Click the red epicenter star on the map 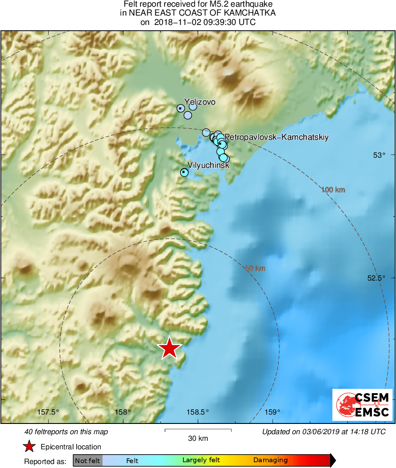point(169,348)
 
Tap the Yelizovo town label point(200,102)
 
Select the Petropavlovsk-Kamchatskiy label point(276,137)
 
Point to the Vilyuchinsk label point(209,165)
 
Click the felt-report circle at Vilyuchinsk point(184,172)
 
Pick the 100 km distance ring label point(333,190)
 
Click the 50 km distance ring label point(255,268)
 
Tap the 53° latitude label point(379,155)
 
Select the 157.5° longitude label point(48,412)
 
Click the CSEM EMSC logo point(362,404)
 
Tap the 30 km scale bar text point(198,438)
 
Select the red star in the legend point(29,447)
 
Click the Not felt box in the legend point(87,460)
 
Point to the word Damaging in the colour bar point(271,460)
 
